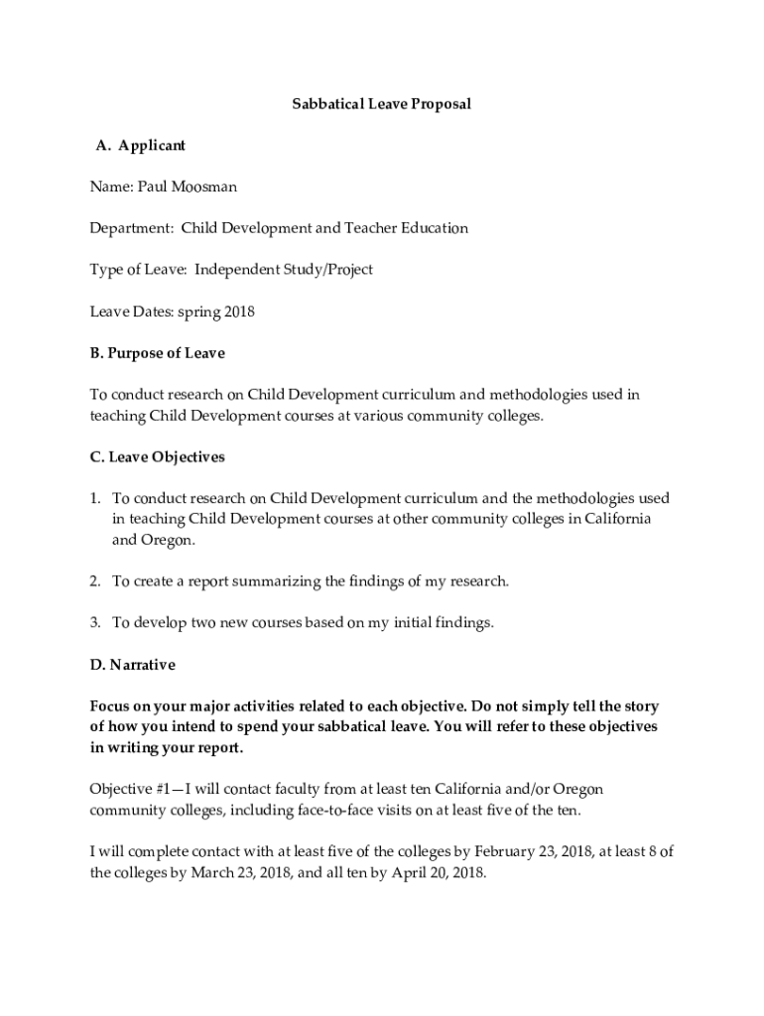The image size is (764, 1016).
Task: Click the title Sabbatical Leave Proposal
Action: click(x=381, y=103)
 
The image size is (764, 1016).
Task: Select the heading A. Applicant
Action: click(x=140, y=145)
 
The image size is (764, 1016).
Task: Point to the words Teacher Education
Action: click(x=406, y=228)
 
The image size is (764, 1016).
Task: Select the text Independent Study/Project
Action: click(x=284, y=270)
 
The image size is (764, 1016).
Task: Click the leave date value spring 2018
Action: click(x=216, y=312)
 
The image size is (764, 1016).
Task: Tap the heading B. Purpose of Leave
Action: click(x=158, y=353)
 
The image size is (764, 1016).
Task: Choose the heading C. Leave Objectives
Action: click(x=158, y=457)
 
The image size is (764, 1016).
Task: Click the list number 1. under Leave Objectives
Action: click(x=96, y=498)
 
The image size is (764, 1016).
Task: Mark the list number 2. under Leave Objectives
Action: click(x=96, y=581)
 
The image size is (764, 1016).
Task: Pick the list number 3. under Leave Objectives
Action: click(x=96, y=623)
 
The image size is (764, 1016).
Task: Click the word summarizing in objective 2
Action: click(x=281, y=581)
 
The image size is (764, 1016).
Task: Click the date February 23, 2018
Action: click(x=526, y=852)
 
